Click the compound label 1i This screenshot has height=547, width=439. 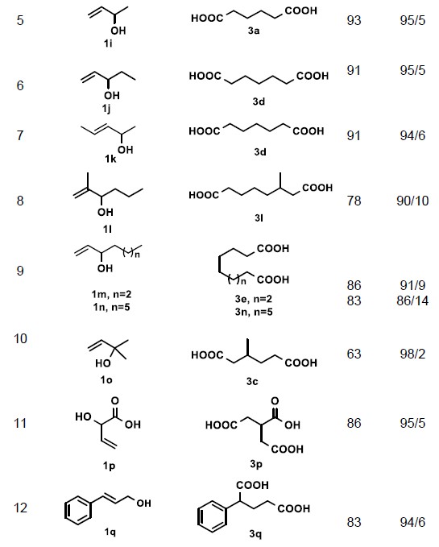[x=108, y=44]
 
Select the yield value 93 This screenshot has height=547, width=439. [x=354, y=20]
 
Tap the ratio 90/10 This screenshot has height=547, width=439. [x=412, y=201]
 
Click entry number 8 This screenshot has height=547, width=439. [x=20, y=201]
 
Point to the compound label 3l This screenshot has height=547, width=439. [x=259, y=218]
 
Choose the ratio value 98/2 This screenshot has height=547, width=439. [x=412, y=354]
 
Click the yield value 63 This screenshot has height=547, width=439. [x=354, y=354]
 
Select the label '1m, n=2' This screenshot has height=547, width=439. [x=112, y=294]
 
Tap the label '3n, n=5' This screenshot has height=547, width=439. [x=254, y=312]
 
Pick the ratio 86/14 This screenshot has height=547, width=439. [x=412, y=300]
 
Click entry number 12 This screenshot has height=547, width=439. [x=20, y=508]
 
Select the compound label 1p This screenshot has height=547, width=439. [x=109, y=466]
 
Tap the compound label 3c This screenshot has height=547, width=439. [x=252, y=381]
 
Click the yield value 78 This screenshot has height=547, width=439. [x=354, y=201]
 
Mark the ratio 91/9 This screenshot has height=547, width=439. [x=412, y=285]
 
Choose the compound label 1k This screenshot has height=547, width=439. [x=110, y=159]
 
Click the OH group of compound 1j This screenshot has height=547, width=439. [x=112, y=95]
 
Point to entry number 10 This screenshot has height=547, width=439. [x=20, y=338]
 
